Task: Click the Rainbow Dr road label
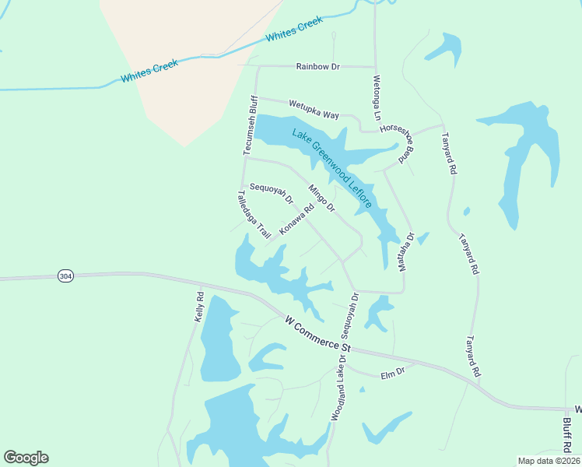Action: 318,67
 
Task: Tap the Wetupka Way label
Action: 314,109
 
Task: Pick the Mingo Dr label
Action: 321,198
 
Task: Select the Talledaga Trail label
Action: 254,213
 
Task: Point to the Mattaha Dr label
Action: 405,251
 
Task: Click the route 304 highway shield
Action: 66,276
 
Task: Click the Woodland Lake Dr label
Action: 339,388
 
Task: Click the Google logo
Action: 26,458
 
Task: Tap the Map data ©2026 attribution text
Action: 549,461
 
